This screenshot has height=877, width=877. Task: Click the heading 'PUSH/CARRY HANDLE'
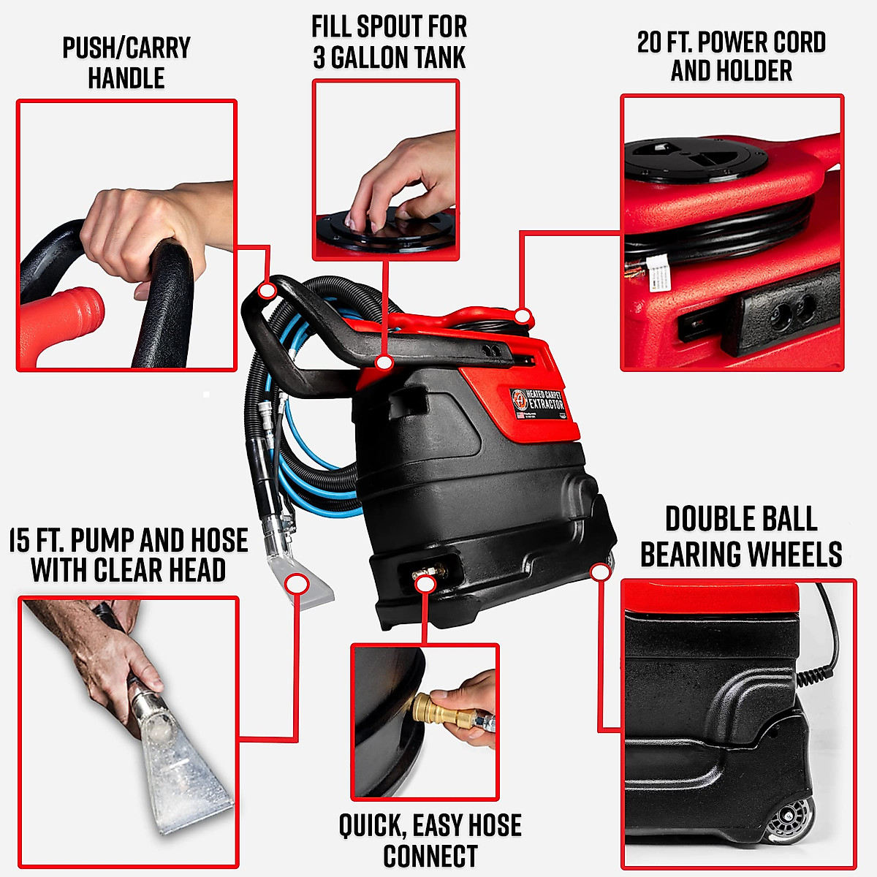point(126,63)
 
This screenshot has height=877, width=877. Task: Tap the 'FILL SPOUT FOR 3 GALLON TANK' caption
point(389,42)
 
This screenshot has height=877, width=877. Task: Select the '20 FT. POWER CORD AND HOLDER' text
point(731,56)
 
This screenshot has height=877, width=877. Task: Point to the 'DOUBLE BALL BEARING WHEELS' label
point(740,536)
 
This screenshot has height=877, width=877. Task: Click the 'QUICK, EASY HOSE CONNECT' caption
point(430,840)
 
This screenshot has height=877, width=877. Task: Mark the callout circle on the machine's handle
point(267,291)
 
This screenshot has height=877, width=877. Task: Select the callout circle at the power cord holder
point(522,316)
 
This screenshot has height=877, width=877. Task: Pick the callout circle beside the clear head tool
point(297,584)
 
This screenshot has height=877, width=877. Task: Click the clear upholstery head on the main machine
point(311,585)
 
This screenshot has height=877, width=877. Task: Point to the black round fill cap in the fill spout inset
point(385,234)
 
